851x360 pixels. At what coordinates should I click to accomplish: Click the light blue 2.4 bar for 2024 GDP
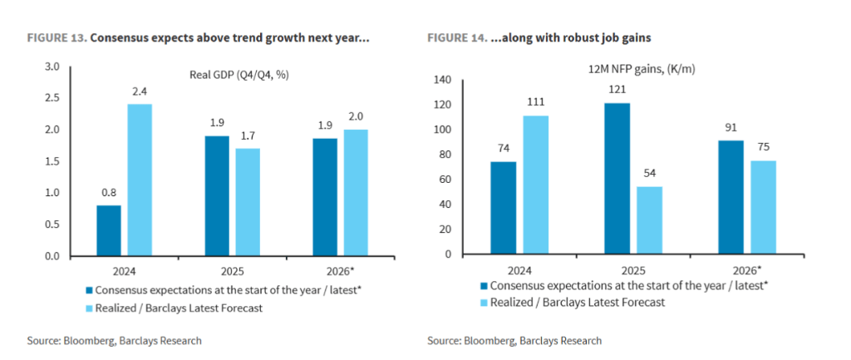pos(139,180)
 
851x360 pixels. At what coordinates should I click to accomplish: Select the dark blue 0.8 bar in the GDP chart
pos(108,230)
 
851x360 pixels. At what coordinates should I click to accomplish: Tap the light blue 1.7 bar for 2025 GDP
pos(247,202)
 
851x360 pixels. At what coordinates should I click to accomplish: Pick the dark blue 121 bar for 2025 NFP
pos(617,179)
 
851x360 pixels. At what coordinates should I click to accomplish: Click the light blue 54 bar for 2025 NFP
pos(649,220)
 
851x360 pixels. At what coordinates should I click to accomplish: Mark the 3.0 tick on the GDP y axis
pos(52,67)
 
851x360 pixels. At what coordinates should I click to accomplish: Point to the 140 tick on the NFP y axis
pos(441,80)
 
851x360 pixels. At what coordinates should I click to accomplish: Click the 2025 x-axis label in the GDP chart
pos(232,269)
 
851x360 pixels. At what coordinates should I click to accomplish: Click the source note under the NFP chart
pos(514,341)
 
